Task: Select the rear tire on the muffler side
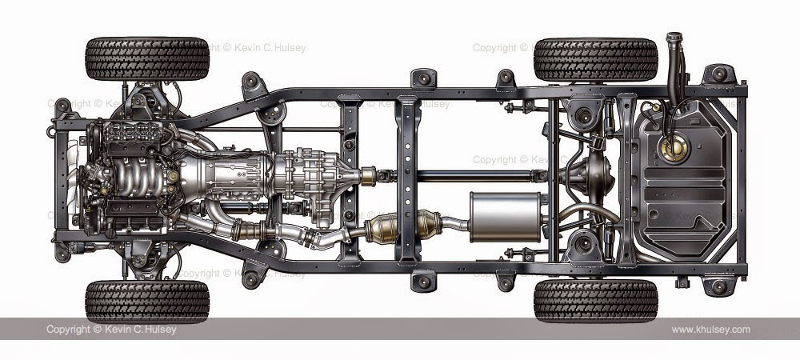click(595, 301)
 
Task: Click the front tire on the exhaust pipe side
click(147, 301)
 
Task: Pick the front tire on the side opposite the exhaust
click(147, 58)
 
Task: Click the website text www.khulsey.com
click(710, 330)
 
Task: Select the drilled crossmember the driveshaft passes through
click(408, 180)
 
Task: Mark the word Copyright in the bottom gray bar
click(68, 330)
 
